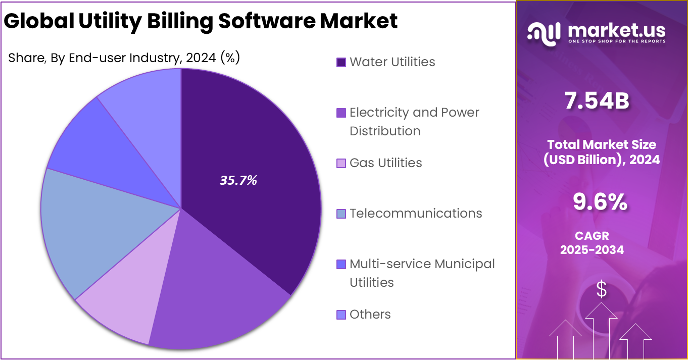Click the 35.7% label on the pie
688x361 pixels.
(x=238, y=181)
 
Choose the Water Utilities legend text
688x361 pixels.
(x=392, y=62)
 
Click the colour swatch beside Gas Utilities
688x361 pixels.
(x=341, y=163)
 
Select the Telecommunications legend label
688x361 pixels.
(x=415, y=214)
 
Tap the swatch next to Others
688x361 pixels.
(x=341, y=315)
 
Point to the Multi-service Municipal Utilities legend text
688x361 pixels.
(x=422, y=273)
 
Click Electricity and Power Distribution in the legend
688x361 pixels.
(x=414, y=121)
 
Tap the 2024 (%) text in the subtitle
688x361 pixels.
(x=213, y=58)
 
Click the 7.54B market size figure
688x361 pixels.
(x=597, y=101)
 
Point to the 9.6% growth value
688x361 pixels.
(x=600, y=202)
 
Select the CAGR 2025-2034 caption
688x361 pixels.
(x=592, y=242)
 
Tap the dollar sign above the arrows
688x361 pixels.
(x=601, y=289)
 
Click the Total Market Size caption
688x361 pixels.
(x=601, y=152)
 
